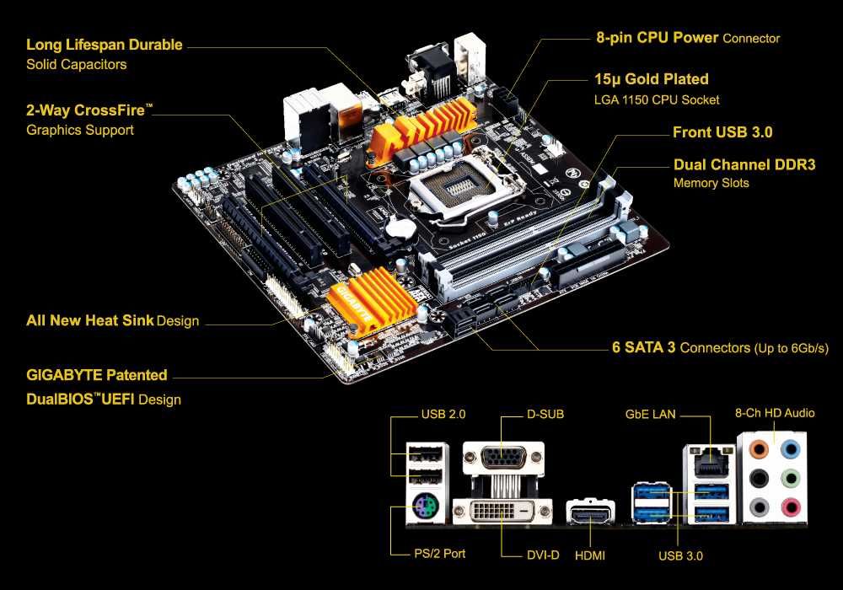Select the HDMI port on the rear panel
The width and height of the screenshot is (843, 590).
tap(590, 512)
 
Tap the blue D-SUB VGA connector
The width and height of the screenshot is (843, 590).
tap(502, 459)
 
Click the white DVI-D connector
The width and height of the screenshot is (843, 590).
tap(502, 512)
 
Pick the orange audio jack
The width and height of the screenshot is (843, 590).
tap(760, 448)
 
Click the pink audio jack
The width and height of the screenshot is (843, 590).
tap(790, 507)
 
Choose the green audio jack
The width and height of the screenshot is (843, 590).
tap(790, 478)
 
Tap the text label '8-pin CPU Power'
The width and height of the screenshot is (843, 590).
tap(657, 38)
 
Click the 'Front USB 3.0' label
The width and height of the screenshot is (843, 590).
tap(722, 132)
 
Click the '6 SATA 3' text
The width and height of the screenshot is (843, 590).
tap(644, 347)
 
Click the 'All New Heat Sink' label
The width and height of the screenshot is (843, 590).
tap(90, 320)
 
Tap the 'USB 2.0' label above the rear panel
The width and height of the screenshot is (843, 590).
tap(443, 414)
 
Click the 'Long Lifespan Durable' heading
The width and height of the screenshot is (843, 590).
tap(104, 45)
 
